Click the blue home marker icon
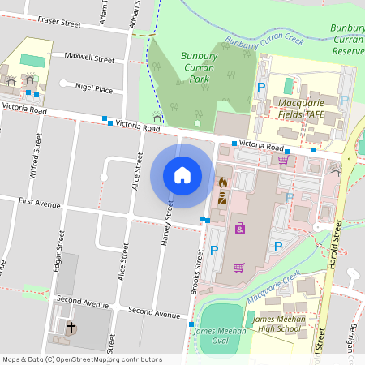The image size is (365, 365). (x=182, y=175)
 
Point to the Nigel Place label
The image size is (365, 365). (x=93, y=88)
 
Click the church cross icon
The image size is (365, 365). (x=71, y=328)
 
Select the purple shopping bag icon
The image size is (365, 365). (x=240, y=228)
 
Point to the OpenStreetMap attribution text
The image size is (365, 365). (x=81, y=359)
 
